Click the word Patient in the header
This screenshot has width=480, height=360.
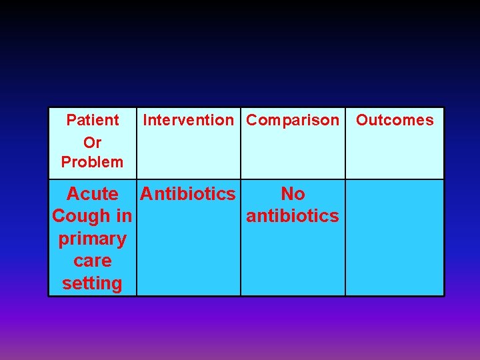(93, 121)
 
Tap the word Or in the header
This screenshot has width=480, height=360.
(92, 141)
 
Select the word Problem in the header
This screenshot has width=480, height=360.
(92, 162)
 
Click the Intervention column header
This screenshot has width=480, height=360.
(189, 121)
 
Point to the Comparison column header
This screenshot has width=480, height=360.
(293, 121)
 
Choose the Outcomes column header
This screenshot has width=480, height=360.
(395, 121)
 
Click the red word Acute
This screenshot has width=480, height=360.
(93, 194)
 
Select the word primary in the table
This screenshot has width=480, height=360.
(93, 239)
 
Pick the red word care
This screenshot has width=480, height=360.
(93, 261)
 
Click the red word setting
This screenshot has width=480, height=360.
(93, 283)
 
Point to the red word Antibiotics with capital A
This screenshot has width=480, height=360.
(188, 194)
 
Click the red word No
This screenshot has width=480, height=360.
(293, 194)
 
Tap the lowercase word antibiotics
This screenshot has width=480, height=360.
(293, 216)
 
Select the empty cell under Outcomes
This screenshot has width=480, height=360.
(395, 237)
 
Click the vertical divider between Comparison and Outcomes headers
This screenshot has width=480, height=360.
(345, 143)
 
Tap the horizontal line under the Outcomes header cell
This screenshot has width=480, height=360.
(395, 179)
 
